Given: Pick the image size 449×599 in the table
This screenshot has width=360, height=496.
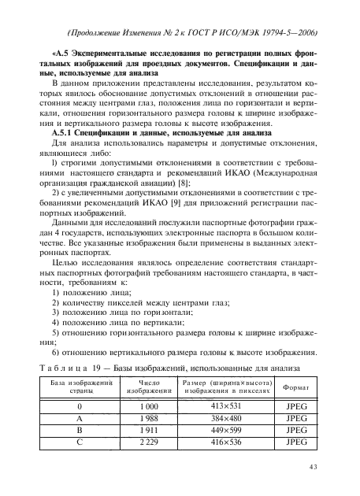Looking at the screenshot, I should click(x=227, y=431).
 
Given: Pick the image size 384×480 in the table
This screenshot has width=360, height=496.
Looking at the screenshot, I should click(x=227, y=418).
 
